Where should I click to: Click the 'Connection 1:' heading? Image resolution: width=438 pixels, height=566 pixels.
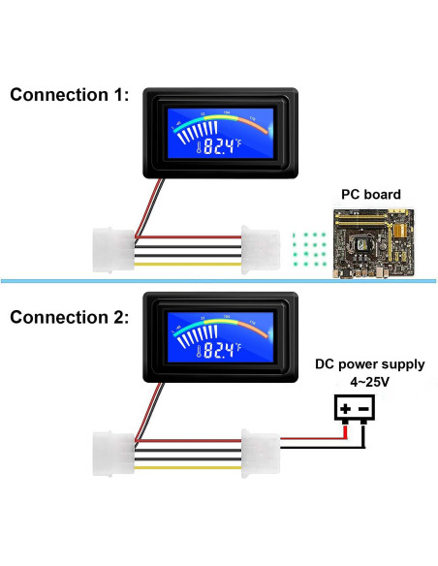69,95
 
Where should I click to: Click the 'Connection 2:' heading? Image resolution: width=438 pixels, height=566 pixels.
69,317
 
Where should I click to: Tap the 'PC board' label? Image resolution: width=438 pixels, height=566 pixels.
369,194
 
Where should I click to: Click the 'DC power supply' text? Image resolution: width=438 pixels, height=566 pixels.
369,365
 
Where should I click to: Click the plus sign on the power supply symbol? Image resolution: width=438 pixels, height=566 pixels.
344,409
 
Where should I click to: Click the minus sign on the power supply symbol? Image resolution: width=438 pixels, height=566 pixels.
363,409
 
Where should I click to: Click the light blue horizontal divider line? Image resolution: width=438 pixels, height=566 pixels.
218,280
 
